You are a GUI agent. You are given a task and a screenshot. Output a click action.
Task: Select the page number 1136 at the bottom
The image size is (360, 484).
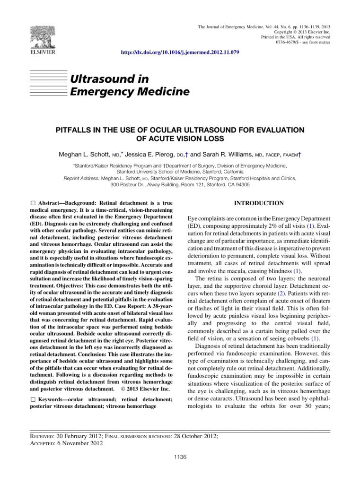tap(180, 457)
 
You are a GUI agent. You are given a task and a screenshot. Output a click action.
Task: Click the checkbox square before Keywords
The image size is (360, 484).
tap(32, 400)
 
